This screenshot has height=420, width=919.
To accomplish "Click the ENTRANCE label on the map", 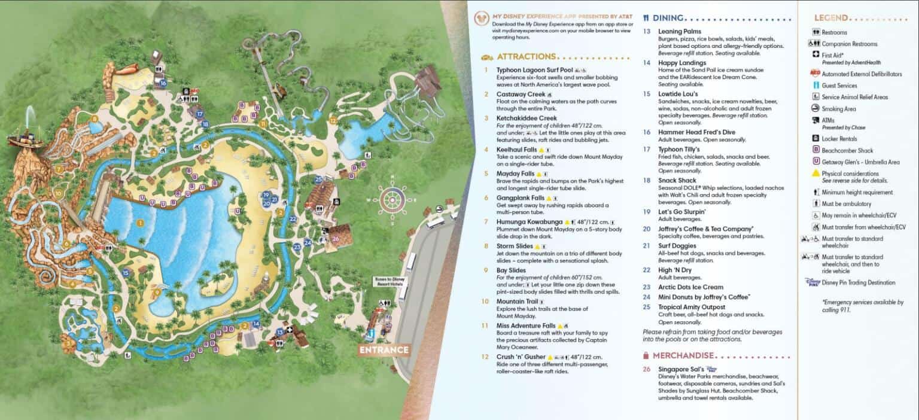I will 384,350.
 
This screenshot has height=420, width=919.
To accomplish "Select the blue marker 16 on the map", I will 163,83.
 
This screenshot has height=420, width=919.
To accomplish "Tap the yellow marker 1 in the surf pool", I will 141,223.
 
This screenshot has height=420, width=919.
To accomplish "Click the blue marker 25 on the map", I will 318,179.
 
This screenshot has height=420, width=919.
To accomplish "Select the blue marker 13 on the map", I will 279,331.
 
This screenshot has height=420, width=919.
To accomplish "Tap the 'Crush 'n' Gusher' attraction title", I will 521,357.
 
